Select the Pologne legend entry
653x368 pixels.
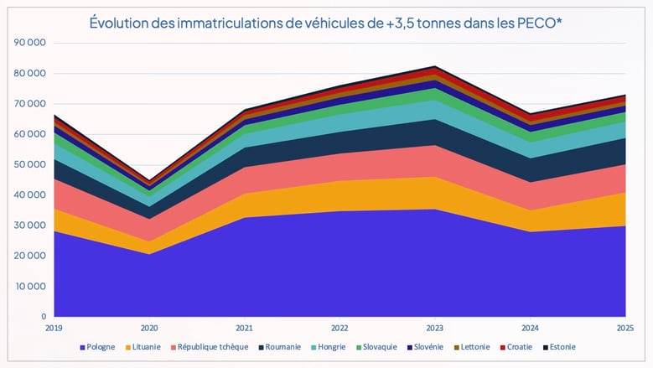tap(100, 347)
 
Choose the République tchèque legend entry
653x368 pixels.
tap(210, 347)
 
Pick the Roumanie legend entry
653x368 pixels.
tap(281, 347)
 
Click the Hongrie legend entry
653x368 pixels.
tap(332, 347)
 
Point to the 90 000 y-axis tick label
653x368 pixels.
tap(31, 43)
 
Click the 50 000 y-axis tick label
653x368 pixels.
tap(31, 164)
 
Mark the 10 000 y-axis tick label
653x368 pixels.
tap(31, 286)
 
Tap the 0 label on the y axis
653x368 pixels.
tap(44, 316)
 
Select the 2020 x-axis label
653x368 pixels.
tap(149, 329)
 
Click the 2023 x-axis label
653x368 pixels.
tap(434, 329)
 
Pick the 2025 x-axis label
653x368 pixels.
tap(624, 329)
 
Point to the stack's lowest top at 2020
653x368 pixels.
tap(149, 179)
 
